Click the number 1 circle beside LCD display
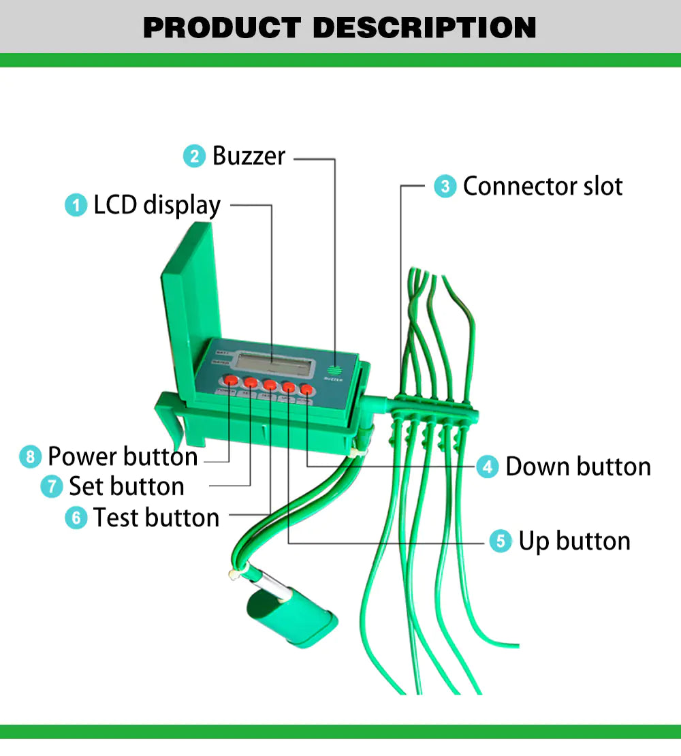pos(76,205)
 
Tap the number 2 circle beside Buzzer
pos(195,156)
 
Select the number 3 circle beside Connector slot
pos(445,186)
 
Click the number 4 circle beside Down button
pos(487,467)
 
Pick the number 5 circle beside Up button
pos(501,541)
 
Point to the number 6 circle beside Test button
pos(76,518)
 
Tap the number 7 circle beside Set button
pos(52,487)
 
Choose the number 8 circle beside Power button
pos(30,456)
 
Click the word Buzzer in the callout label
pos(249,156)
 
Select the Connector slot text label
pos(542,186)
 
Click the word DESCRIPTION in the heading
pos(424,27)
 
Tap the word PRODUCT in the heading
pos(221,27)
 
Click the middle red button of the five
pos(270,385)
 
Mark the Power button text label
pos(123,456)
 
